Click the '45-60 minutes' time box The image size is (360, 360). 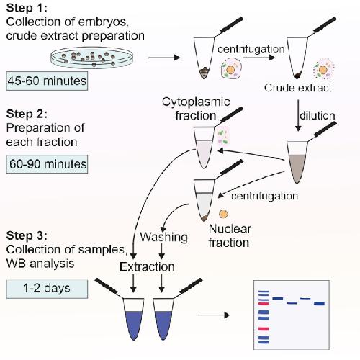tap(47, 81)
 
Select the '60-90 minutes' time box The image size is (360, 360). tap(47, 164)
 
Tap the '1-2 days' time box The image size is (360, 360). tap(47, 289)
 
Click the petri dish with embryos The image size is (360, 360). tap(92, 58)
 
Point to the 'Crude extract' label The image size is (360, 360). tap(298, 88)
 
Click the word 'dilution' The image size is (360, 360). tap(317, 116)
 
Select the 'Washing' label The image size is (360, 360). tap(163, 237)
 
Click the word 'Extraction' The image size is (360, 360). tap(147, 267)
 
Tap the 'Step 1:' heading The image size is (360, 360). tap(27, 8)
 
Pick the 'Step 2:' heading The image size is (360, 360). tap(27, 114)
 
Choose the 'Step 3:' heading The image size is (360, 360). tap(27, 235)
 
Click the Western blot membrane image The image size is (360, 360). tap(292, 315)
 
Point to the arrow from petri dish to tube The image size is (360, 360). tap(164, 58)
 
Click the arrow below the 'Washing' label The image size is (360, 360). tap(162, 251)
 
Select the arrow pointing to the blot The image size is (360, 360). tap(214, 315)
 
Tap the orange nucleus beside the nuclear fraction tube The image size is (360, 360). tap(223, 214)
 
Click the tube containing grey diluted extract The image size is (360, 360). tap(297, 162)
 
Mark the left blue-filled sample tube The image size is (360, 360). tap(134, 319)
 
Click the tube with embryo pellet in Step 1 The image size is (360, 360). tap(204, 58)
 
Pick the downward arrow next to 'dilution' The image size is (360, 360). tap(298, 116)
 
